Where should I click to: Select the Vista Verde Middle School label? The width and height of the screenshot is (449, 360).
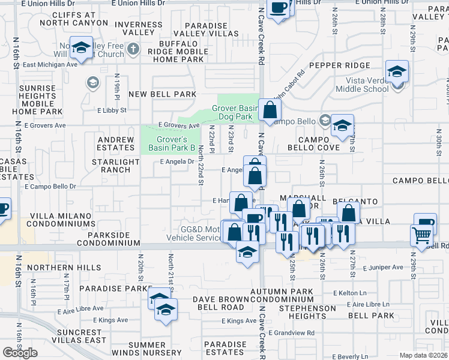367,85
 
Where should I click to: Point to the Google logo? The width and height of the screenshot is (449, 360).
20,353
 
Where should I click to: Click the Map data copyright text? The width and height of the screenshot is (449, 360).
423,355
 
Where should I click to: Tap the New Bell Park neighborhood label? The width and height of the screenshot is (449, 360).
162,94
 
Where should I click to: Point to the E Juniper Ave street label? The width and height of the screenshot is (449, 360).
382,267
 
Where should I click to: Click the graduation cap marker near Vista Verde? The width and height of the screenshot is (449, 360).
396,73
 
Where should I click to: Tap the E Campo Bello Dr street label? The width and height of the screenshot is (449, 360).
50,187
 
